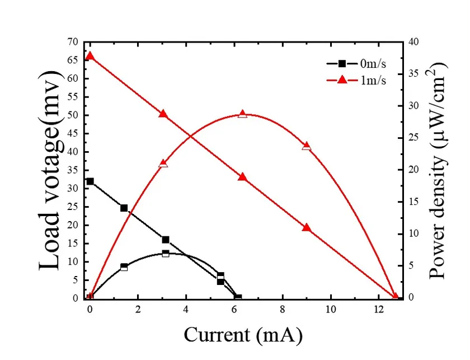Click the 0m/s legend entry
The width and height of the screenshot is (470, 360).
pos(364,63)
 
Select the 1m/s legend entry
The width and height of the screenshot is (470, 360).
pos(364,80)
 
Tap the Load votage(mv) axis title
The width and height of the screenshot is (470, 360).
pos(50,171)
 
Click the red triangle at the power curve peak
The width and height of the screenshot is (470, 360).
pos(242,114)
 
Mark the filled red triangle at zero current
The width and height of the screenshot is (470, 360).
pos(90,56)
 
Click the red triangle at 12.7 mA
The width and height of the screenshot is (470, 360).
pos(395,297)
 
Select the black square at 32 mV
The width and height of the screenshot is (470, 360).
pos(90,181)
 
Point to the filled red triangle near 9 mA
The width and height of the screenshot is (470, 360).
pos(306,228)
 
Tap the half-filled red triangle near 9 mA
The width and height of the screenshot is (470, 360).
pos(306,147)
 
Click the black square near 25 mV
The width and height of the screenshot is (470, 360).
pos(124,208)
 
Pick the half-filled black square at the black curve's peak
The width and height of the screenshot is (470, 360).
pos(166,254)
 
